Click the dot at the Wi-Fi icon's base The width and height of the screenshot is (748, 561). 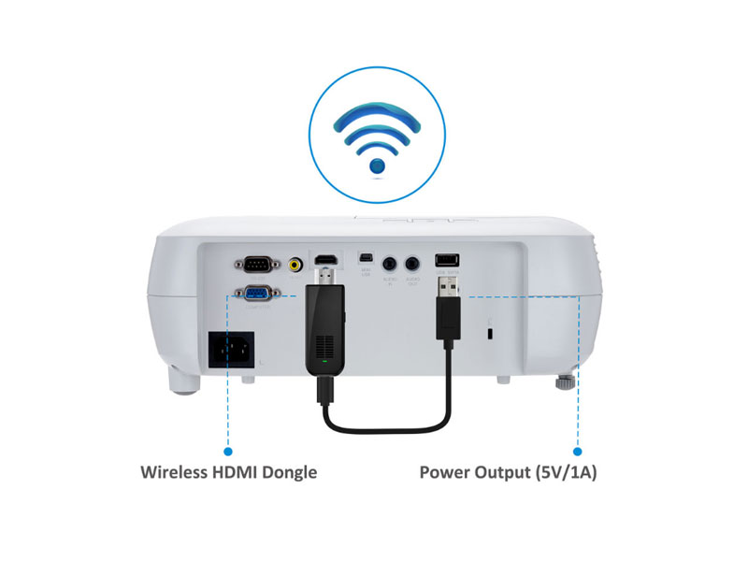point(377,166)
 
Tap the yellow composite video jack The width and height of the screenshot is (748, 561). point(296,265)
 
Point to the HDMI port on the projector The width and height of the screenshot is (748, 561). point(325,259)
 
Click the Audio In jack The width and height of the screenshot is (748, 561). point(390,265)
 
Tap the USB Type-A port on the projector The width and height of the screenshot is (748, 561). point(447,259)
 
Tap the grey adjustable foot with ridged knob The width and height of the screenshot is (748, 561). point(565,382)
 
